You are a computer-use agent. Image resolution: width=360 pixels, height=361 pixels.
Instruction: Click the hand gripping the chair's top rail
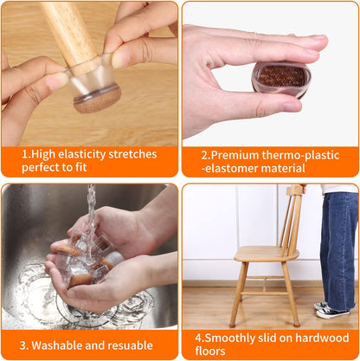point(303,188)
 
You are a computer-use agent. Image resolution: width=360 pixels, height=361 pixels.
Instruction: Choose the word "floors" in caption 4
point(211,352)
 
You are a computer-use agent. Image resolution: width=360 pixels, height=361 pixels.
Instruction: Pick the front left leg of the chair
point(237,294)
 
